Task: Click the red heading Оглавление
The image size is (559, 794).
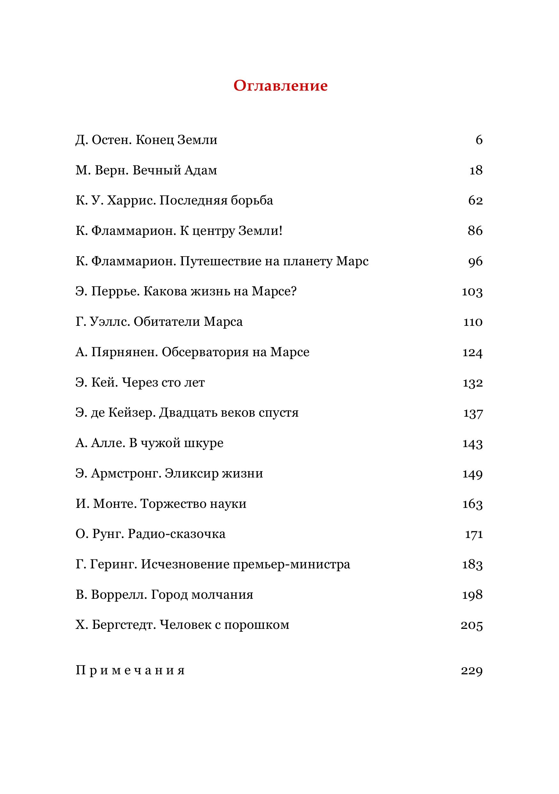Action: [x=280, y=86]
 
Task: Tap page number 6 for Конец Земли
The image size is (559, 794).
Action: [x=478, y=140]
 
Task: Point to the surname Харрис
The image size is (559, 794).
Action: [x=131, y=201]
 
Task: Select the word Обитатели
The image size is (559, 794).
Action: [x=167, y=322]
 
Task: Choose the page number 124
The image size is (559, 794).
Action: [x=472, y=352]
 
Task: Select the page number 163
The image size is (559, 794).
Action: [x=472, y=504]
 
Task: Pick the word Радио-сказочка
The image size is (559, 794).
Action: [x=177, y=534]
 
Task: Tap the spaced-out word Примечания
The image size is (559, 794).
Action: [x=130, y=671]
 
